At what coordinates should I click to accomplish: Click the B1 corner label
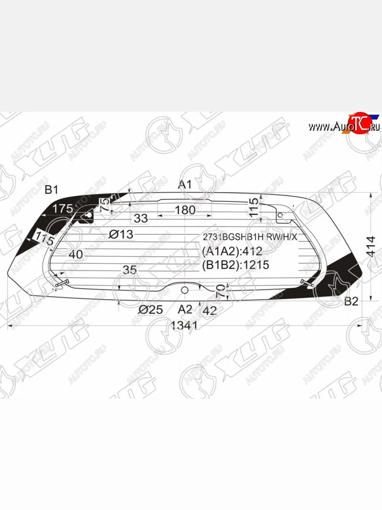coord(51,190)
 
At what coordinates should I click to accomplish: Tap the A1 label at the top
coord(185,184)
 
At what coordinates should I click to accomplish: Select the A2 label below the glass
coord(185,309)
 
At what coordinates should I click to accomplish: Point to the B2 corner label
coord(351,302)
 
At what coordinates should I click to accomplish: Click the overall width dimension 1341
coord(184,326)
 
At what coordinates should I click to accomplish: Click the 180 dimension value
coord(185,210)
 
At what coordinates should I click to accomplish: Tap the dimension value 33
coord(140,218)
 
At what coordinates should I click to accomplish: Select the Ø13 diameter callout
coord(121,234)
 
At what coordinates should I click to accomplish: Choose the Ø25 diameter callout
coord(150,310)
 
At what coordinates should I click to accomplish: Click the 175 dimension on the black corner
coord(63,209)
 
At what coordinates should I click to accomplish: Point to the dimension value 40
coord(75,254)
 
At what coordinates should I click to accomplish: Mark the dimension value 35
coord(130,269)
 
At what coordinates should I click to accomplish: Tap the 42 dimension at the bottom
coord(210,310)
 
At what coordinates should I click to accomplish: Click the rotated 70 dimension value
coord(220,292)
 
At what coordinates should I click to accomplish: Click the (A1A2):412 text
coord(232,251)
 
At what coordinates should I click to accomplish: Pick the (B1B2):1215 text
coord(236,265)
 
